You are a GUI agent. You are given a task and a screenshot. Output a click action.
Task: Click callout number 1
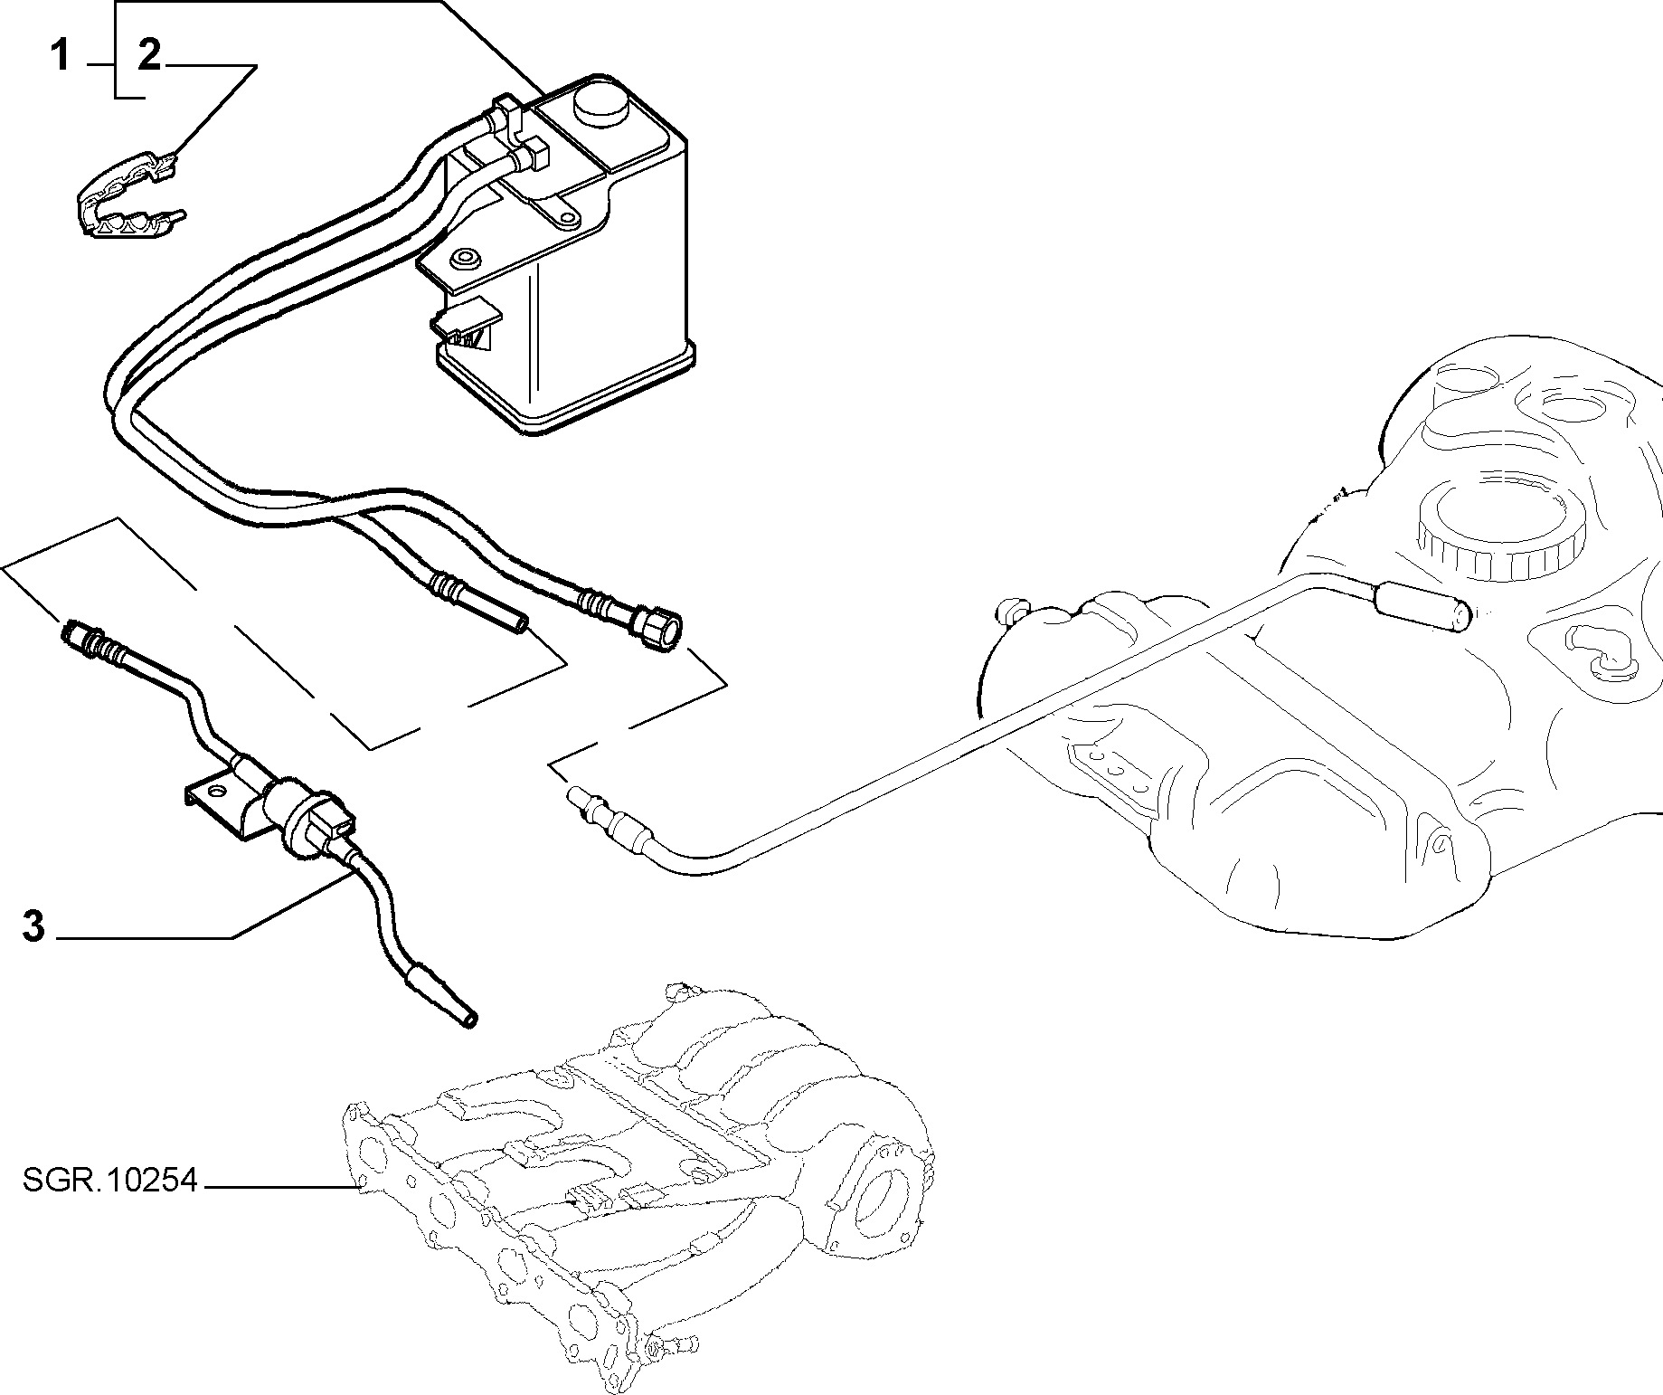[x=60, y=57]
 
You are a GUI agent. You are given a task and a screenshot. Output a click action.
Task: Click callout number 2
[x=149, y=57]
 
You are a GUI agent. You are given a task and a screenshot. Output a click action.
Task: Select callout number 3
[x=33, y=927]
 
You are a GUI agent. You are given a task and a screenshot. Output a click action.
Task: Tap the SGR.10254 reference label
[x=109, y=1181]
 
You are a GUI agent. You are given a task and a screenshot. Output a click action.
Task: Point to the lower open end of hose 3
[x=468, y=1020]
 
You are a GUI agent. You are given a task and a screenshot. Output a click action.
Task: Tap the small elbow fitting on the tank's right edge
[x=1597, y=655]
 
